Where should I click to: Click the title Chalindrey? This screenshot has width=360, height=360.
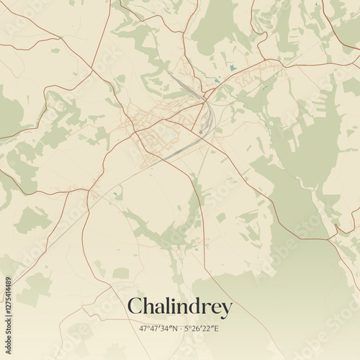pyautogui.click(x=180, y=307)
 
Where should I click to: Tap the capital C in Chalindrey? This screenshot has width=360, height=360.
pyautogui.click(x=135, y=307)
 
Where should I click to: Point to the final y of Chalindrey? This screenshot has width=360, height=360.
pyautogui.click(x=228, y=310)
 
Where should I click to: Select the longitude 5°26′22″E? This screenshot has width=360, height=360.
pyautogui.click(x=202, y=328)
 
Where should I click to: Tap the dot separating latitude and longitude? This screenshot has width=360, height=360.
pyautogui.click(x=181, y=328)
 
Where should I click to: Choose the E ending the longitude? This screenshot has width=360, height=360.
pyautogui.click(x=217, y=328)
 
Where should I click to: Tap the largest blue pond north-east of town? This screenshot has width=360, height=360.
pyautogui.click(x=232, y=68)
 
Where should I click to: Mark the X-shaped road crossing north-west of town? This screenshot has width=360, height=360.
pyautogui.click(x=94, y=72)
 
